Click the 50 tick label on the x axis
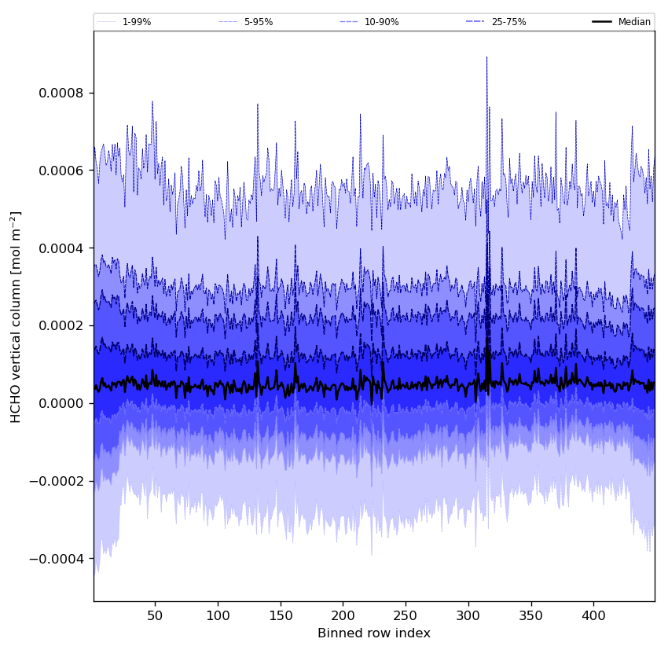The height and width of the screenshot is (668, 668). coord(155,615)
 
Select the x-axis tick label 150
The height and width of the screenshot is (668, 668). coord(281,615)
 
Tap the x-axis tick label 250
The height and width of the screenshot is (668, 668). coord(406,615)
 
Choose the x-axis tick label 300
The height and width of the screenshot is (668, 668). coord(468,615)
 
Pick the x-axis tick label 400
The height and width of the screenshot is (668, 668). coord(593,615)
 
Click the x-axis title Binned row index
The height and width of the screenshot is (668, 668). coord(374,633)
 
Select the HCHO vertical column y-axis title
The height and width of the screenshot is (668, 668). coord(17,317)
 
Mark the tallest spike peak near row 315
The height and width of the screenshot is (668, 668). coord(486,57)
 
